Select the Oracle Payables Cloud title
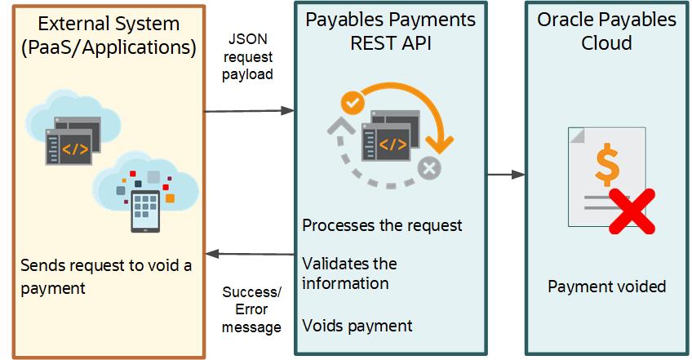[x=606, y=31]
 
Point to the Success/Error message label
[x=251, y=309]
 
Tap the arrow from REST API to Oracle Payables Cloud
[x=506, y=174]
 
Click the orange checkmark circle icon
[x=353, y=103]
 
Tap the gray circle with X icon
[x=428, y=169]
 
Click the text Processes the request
[x=382, y=224]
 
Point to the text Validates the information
[x=349, y=273]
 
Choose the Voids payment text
[x=357, y=326]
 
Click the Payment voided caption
[x=606, y=286]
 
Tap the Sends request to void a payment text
[x=106, y=277]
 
